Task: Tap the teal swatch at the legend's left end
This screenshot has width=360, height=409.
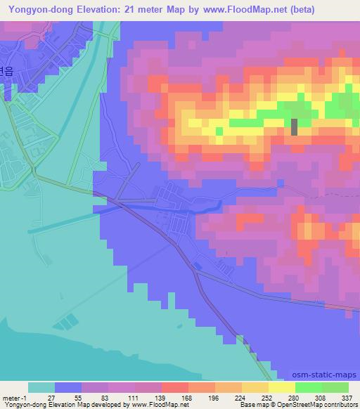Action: coord(41,387)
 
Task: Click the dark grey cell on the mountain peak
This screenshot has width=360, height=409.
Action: coord(294,126)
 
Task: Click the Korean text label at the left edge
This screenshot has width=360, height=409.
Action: coord(6,70)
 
